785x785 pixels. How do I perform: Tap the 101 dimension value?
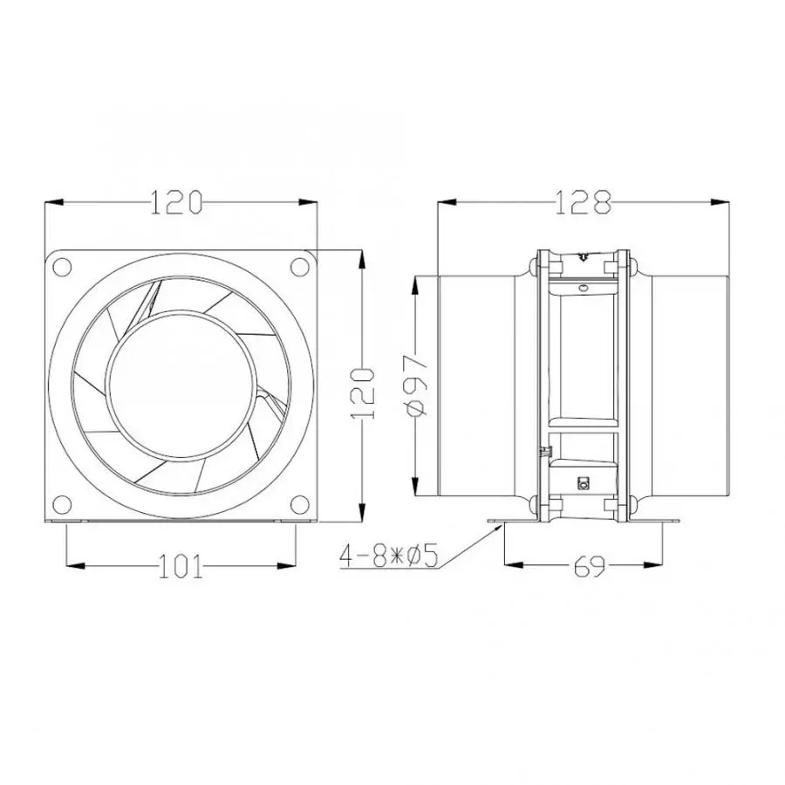(181, 568)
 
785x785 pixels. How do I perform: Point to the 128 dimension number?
(584, 202)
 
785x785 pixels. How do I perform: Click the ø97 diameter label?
(416, 381)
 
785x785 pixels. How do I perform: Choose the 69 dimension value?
(590, 568)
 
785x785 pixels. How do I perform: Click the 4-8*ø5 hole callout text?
(390, 555)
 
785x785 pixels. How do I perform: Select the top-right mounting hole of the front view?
(298, 264)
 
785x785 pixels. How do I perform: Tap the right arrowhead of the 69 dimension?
(671, 563)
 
